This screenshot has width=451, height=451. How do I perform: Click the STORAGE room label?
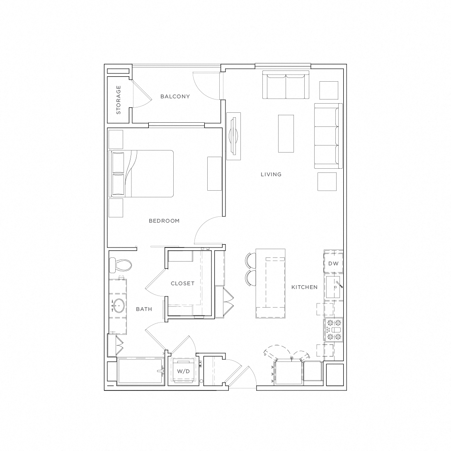point(119,100)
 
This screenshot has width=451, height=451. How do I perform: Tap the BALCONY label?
point(175,97)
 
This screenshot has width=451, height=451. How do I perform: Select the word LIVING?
point(271,175)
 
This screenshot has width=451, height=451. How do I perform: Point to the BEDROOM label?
point(164,221)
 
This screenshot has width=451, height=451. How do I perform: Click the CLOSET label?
point(182,284)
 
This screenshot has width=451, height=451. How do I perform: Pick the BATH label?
point(144,309)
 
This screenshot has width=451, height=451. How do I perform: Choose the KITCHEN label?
point(304,287)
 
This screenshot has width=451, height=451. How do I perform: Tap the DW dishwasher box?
point(333,264)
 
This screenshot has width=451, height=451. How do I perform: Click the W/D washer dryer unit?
point(183,371)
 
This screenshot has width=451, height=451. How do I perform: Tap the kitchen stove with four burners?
point(334,330)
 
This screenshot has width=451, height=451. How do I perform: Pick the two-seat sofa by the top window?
point(286,85)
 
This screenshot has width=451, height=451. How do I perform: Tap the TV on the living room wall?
point(233,136)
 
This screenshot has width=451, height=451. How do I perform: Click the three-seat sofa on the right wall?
point(328,136)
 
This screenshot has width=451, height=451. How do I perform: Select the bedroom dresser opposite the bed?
point(214,173)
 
